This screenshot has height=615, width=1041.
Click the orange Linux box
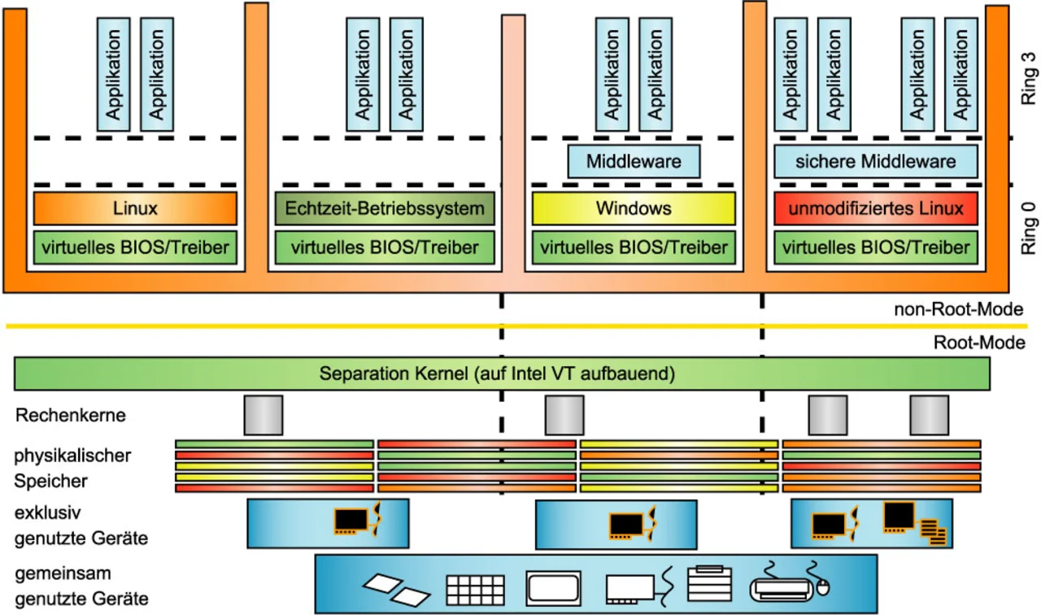[x=135, y=208]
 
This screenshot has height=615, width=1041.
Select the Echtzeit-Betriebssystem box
[x=385, y=208]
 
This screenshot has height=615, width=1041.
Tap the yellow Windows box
[x=634, y=208]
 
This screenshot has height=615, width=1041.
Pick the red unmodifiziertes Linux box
[x=876, y=208]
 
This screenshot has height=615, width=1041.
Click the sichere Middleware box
[x=876, y=161]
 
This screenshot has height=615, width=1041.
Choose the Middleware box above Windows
[x=634, y=161]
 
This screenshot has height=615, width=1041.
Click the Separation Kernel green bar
[x=502, y=374]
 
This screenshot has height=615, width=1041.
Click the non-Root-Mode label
[x=958, y=309]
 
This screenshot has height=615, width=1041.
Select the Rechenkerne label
[x=71, y=416]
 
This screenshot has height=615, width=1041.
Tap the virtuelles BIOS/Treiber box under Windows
[x=634, y=246]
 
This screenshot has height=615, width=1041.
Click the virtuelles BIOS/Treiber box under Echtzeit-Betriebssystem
[x=385, y=246]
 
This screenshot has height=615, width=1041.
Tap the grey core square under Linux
[x=264, y=415]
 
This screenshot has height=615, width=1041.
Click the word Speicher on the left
[x=50, y=482]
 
